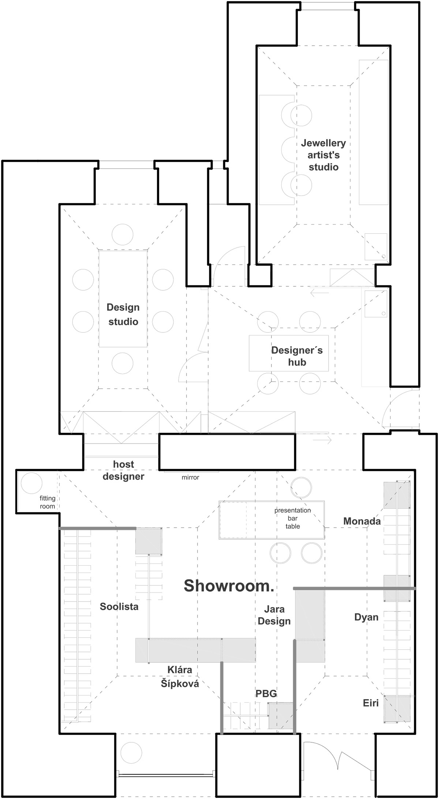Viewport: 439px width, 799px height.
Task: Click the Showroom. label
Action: (x=229, y=586)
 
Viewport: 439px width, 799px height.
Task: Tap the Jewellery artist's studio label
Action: (x=323, y=155)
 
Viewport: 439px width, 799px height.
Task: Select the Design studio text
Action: (x=123, y=314)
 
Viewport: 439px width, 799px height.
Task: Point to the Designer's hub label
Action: (x=297, y=356)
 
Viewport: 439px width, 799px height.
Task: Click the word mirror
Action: (x=191, y=477)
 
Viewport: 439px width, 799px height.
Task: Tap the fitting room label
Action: (x=48, y=502)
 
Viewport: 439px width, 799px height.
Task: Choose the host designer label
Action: (x=124, y=470)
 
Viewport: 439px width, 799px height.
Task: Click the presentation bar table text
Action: (x=293, y=518)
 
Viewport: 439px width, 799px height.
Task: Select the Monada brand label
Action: (x=362, y=521)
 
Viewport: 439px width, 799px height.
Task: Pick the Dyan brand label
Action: (x=366, y=617)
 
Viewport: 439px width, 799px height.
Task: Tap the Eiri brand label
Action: (x=371, y=703)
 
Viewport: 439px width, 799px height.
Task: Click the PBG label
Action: (x=266, y=694)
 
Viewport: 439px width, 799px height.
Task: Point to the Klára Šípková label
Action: (x=180, y=676)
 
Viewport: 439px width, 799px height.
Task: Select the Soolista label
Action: (x=119, y=607)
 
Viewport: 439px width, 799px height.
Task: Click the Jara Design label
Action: (x=274, y=615)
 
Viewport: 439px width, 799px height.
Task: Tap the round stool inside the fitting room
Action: (x=31, y=483)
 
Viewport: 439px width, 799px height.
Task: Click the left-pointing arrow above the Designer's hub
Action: (x=319, y=293)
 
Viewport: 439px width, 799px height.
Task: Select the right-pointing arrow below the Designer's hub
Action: (x=322, y=440)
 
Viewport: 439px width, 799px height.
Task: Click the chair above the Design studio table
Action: (x=123, y=234)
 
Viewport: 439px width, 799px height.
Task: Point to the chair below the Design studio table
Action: (x=123, y=363)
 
